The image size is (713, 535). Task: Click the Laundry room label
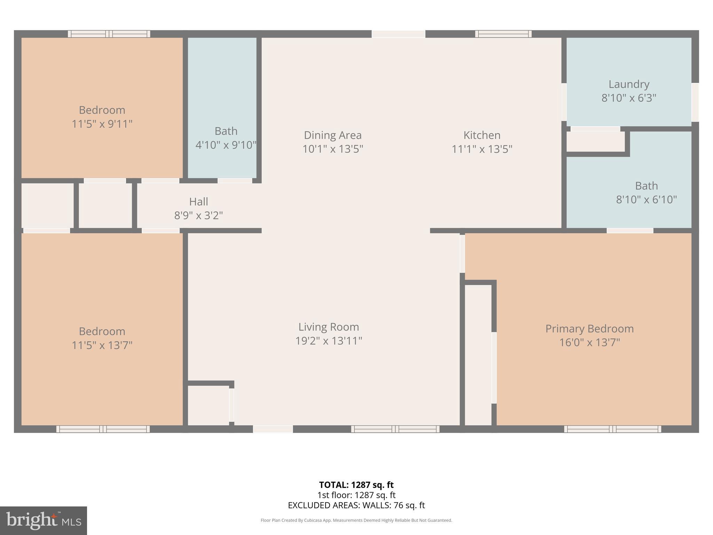click(629, 84)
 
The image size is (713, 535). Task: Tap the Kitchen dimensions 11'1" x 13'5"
click(482, 149)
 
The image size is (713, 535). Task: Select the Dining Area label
click(332, 135)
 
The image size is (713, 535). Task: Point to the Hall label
click(198, 202)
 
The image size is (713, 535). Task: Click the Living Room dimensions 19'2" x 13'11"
click(329, 341)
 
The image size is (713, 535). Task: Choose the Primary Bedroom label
click(589, 329)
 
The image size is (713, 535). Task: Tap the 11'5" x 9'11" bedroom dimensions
click(102, 124)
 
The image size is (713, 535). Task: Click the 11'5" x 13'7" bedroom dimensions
click(102, 345)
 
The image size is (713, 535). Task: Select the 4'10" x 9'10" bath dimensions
click(226, 145)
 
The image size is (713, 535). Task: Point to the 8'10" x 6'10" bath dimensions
click(647, 200)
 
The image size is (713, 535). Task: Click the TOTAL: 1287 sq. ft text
click(356, 485)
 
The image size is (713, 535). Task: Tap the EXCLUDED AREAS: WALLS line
click(356, 505)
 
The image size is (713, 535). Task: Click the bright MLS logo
click(44, 520)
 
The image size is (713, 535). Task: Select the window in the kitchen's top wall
click(503, 34)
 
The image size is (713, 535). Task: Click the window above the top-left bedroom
click(109, 34)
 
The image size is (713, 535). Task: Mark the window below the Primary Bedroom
click(612, 429)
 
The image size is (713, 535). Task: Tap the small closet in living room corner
click(208, 405)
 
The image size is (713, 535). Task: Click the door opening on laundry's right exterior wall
click(695, 102)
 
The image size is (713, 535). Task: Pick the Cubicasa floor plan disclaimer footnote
click(356, 520)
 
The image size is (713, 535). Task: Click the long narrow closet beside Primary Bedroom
click(478, 355)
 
